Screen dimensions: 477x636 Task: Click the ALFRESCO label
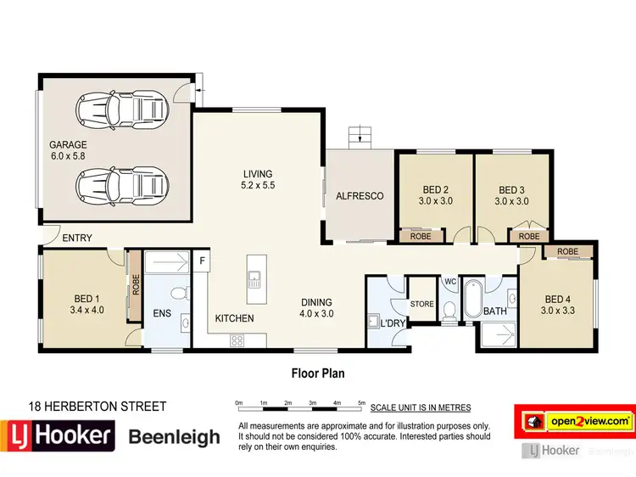(x=360, y=196)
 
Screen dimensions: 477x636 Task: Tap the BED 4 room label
(x=558, y=299)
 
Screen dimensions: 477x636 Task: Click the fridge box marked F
(x=202, y=261)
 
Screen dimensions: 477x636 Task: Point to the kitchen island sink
(x=254, y=278)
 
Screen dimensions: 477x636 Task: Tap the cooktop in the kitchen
(x=237, y=340)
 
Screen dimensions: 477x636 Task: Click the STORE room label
(x=421, y=304)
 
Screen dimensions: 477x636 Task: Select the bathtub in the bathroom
(x=471, y=302)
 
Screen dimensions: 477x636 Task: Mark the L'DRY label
(x=392, y=324)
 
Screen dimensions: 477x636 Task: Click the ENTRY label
(x=77, y=238)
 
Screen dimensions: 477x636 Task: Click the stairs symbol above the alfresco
(x=360, y=134)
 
